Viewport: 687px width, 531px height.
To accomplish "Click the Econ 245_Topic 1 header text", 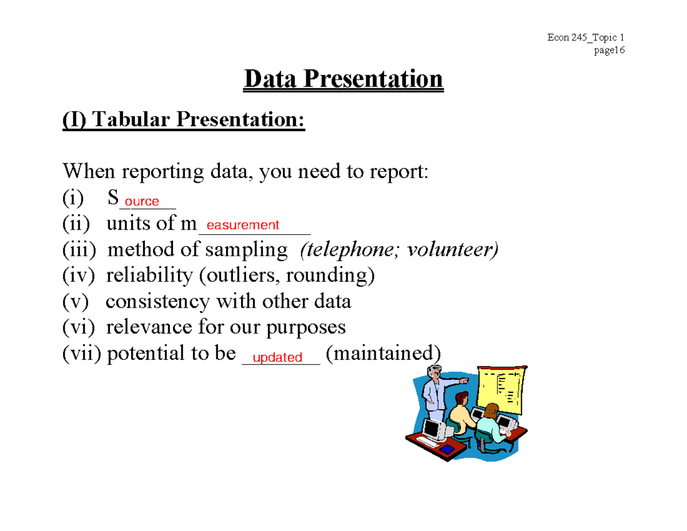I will [x=585, y=38].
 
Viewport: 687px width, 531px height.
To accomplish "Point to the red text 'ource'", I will [x=142, y=202].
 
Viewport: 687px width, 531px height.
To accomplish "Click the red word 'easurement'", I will [x=243, y=226].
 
